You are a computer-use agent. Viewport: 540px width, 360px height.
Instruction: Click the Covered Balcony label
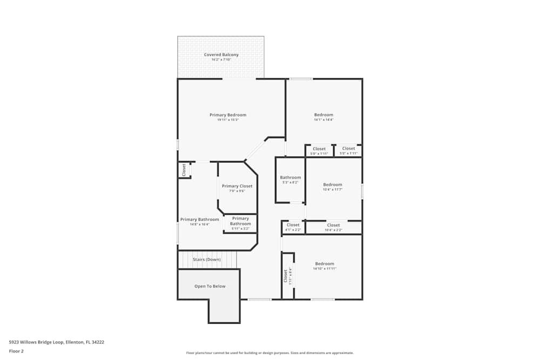tap(221, 55)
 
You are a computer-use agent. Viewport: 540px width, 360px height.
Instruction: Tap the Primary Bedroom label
tap(228, 115)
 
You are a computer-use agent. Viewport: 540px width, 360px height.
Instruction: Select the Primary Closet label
tap(237, 186)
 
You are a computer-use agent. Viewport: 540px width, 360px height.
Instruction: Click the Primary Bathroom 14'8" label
tap(200, 220)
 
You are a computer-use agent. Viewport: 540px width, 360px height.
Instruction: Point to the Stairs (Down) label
tap(207, 260)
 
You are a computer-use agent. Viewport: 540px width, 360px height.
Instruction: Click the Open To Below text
tap(210, 286)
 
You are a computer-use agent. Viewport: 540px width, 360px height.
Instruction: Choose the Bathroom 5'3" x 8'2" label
tap(291, 178)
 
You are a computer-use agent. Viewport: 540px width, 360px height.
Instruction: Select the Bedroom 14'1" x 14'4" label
tap(324, 115)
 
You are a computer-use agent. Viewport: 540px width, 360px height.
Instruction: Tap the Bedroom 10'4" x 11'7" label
tap(333, 185)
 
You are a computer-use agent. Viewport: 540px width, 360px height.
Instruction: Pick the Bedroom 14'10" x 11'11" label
tap(325, 264)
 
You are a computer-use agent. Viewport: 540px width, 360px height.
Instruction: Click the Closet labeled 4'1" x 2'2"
tap(293, 225)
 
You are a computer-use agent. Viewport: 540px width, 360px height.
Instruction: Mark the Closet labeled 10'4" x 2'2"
tap(334, 225)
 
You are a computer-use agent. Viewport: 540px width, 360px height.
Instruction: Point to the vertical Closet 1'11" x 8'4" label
tap(286, 276)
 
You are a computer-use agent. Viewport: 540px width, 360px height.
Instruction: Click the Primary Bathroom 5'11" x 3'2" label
tap(241, 221)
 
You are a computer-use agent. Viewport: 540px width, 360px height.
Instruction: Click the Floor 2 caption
tap(16, 351)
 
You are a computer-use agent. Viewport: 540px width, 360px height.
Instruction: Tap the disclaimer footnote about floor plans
tap(270, 352)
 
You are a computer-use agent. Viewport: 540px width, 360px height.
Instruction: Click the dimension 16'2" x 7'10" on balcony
tap(221, 59)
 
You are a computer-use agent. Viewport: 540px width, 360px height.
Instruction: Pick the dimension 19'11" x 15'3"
tap(228, 120)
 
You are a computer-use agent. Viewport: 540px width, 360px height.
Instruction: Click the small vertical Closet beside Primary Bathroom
tap(184, 170)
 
